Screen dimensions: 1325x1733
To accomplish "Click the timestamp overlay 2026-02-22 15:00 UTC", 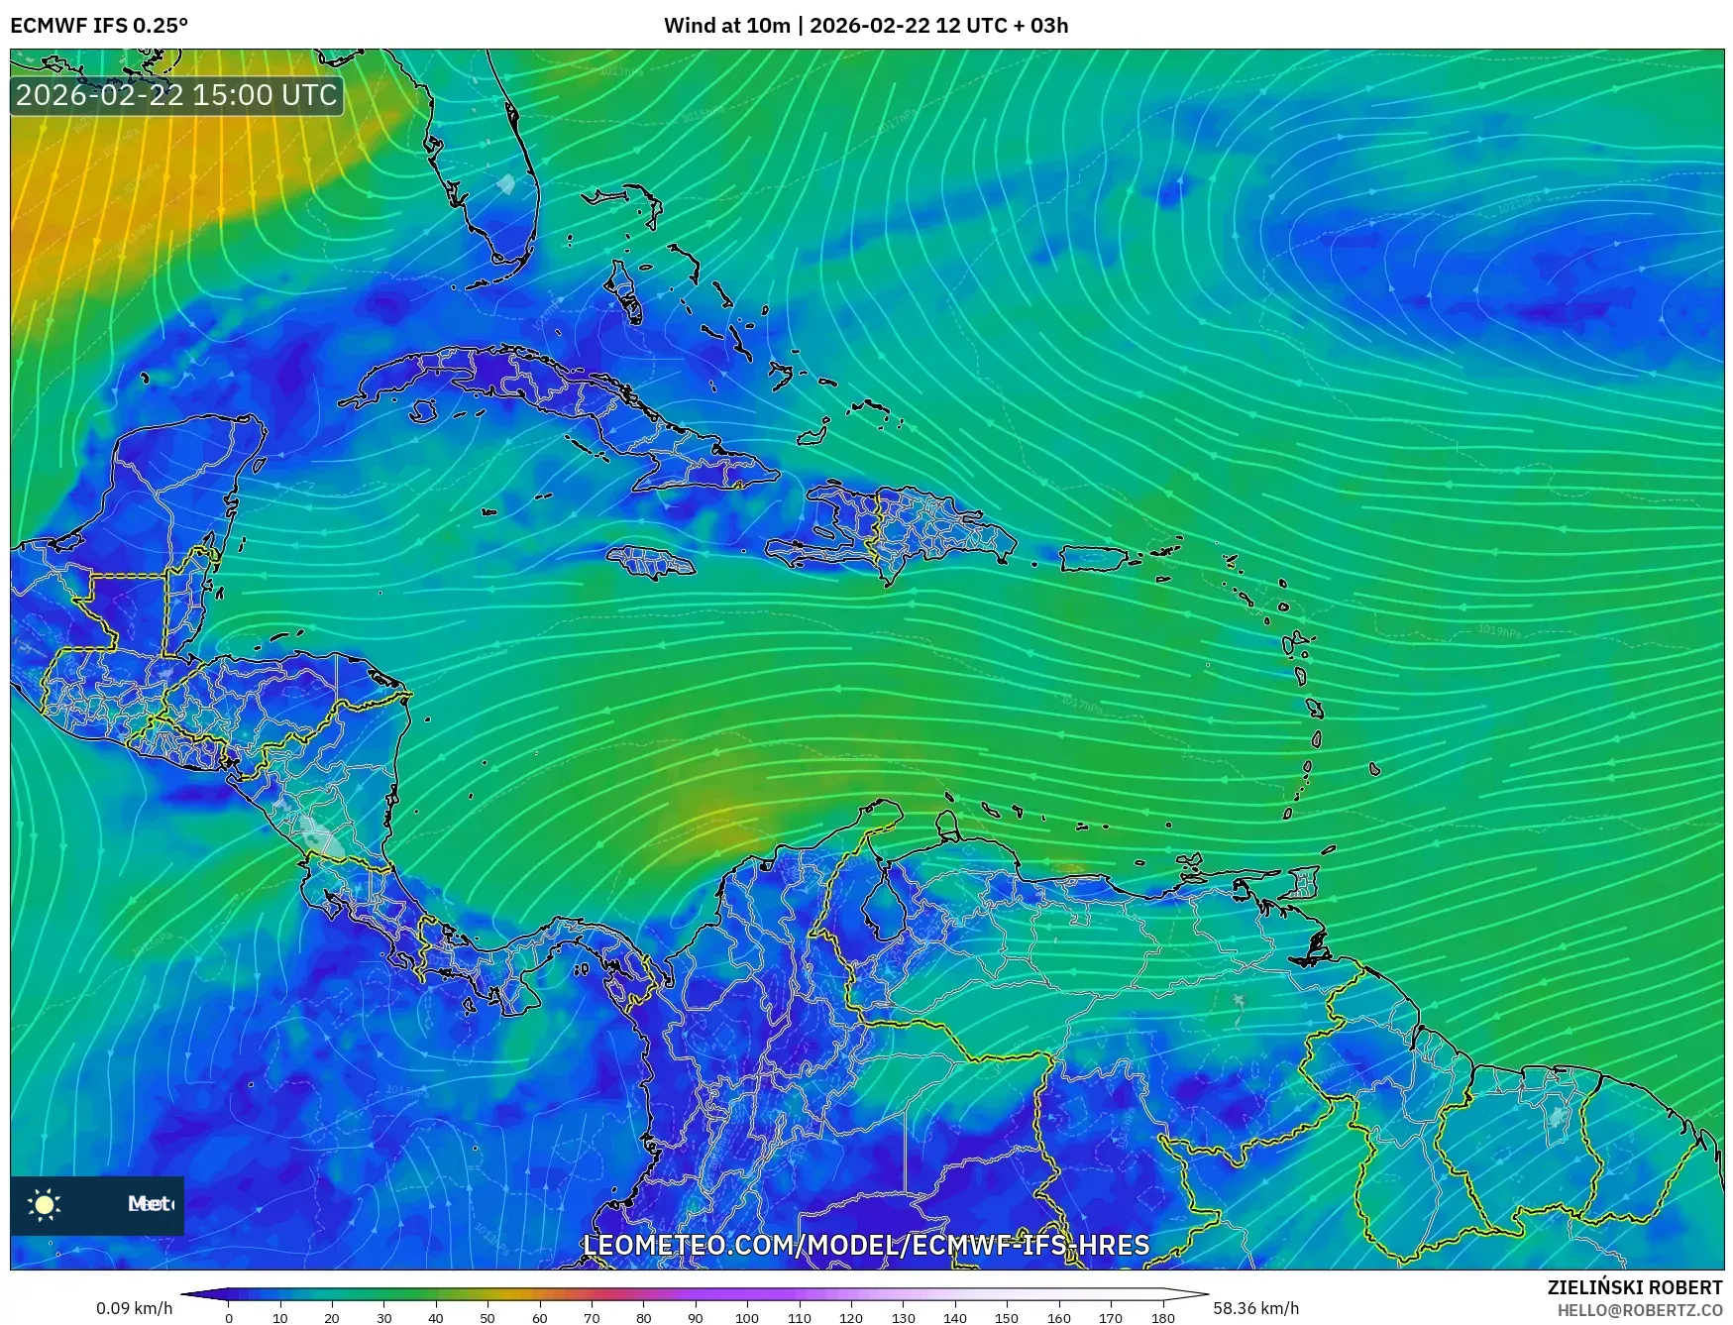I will pos(176,95).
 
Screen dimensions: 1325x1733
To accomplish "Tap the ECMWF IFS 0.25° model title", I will pos(99,26).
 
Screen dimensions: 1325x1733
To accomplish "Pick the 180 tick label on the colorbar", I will pos(1163,1318).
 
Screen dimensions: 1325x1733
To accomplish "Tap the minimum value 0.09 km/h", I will pos(134,1308).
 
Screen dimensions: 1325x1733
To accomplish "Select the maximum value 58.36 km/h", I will pos(1255,1308).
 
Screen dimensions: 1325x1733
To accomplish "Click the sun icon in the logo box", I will pos(45,1204).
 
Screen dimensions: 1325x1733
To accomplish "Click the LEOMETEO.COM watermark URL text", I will pos(866,1245).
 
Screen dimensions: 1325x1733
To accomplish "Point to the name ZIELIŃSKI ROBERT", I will pos(1634,1287).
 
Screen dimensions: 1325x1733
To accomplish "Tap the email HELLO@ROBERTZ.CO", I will pos(1639,1310).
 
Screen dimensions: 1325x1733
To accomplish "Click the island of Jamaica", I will pos(651,564).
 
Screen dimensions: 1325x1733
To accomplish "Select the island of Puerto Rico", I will pos(1095,559).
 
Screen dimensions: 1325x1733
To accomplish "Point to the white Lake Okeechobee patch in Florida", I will pos(506,183).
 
